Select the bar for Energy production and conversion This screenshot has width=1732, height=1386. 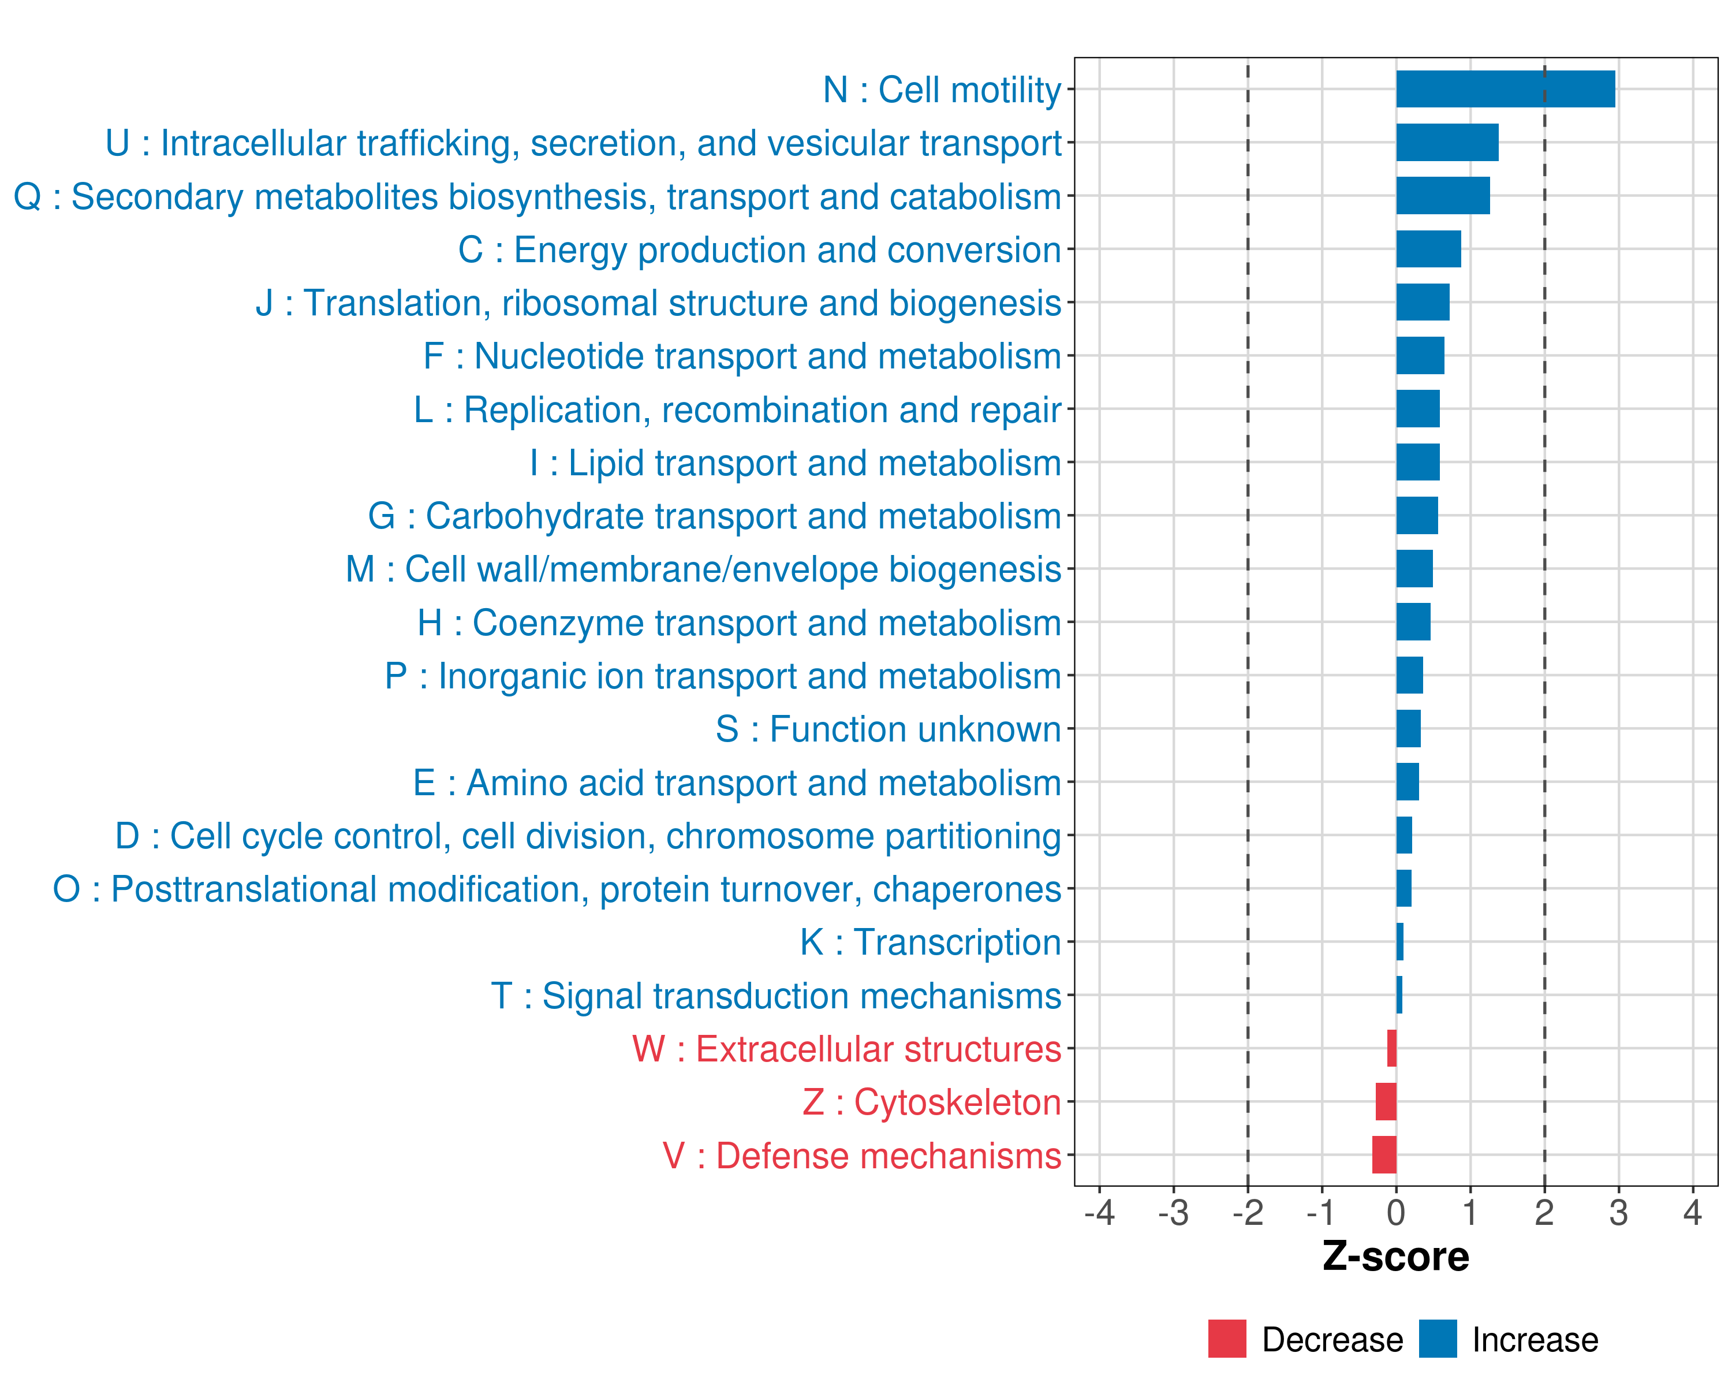tap(1428, 249)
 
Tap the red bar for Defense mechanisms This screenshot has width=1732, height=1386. tap(1384, 1154)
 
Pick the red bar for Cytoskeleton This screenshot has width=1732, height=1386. tap(1386, 1101)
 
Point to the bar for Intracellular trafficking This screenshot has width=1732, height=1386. tap(1447, 142)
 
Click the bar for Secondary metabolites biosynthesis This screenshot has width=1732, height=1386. tap(1443, 195)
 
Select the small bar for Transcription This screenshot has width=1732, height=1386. tap(1399, 942)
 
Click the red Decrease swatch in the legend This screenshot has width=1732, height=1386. tap(1227, 1339)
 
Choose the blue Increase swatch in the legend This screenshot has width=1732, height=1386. tap(1437, 1339)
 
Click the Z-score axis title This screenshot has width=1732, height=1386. tap(1395, 1257)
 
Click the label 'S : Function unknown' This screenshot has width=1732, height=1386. tap(889, 729)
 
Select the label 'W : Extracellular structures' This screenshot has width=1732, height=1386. tap(847, 1049)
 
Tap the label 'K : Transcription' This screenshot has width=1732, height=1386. tap(930, 942)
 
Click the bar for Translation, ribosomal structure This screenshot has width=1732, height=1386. tap(1423, 302)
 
